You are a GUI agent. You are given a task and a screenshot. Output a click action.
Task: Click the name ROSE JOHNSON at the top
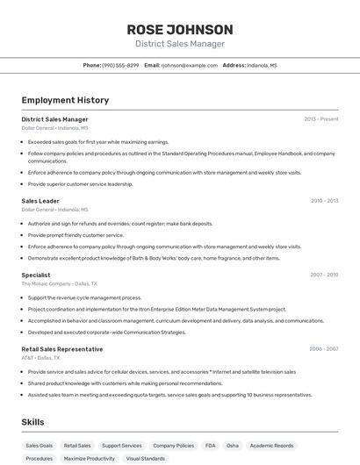(180, 30)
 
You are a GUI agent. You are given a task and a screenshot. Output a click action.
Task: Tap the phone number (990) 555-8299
(120, 65)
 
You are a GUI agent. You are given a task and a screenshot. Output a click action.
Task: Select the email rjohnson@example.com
(189, 65)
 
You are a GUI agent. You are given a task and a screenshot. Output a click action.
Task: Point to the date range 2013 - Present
(321, 118)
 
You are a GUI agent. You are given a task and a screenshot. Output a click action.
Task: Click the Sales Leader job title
(40, 201)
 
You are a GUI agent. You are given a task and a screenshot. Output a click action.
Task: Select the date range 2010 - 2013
(324, 201)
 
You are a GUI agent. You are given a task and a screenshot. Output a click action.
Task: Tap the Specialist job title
(36, 275)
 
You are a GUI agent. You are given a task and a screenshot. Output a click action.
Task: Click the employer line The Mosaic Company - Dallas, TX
(59, 284)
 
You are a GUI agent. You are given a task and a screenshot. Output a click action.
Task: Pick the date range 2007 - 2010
(324, 275)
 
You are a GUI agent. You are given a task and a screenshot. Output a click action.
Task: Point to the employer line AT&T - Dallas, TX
(40, 358)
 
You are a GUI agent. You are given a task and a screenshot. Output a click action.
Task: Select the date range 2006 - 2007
(324, 348)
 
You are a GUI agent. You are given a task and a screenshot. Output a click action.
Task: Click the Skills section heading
(33, 422)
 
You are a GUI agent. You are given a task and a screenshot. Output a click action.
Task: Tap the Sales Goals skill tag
(39, 446)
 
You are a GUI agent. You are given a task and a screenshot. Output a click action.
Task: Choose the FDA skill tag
(210, 446)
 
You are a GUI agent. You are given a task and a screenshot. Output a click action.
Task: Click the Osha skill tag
(232, 446)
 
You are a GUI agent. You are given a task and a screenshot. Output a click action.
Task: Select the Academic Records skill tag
(273, 446)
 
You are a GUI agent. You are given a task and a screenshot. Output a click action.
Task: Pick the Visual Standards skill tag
(145, 458)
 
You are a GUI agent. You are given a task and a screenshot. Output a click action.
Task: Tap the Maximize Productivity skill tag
(89, 458)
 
